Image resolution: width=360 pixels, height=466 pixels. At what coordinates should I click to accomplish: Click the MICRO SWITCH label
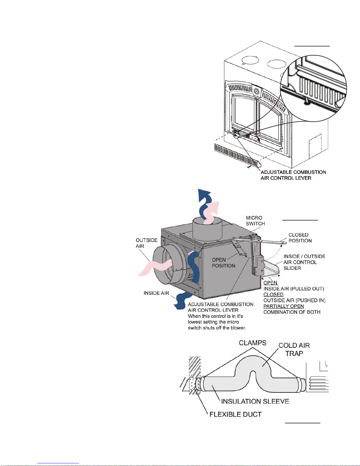click(255, 221)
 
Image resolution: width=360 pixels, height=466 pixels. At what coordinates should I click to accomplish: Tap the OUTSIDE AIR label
click(147, 243)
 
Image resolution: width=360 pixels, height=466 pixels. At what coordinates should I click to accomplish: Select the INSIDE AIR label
click(156, 293)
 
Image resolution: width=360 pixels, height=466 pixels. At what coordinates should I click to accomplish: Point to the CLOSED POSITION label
click(300, 238)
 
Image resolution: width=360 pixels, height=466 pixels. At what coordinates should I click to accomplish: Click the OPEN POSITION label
click(224, 263)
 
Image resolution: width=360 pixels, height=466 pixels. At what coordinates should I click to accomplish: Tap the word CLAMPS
click(253, 343)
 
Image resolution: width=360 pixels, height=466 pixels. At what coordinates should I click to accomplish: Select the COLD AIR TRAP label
click(294, 349)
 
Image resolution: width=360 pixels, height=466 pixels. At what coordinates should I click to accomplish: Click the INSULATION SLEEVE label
click(255, 401)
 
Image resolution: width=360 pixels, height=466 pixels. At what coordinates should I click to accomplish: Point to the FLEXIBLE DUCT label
click(235, 415)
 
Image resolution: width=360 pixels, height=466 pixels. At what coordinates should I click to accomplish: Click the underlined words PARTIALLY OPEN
click(284, 306)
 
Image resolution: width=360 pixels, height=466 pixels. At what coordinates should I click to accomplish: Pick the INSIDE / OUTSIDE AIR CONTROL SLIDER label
click(304, 262)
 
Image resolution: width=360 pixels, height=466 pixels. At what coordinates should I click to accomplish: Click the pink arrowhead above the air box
click(215, 208)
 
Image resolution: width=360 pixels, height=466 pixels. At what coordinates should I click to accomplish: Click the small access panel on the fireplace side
click(315, 145)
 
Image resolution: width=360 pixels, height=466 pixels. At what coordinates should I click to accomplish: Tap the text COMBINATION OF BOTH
click(292, 312)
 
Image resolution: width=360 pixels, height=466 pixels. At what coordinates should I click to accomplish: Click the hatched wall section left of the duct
click(195, 375)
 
